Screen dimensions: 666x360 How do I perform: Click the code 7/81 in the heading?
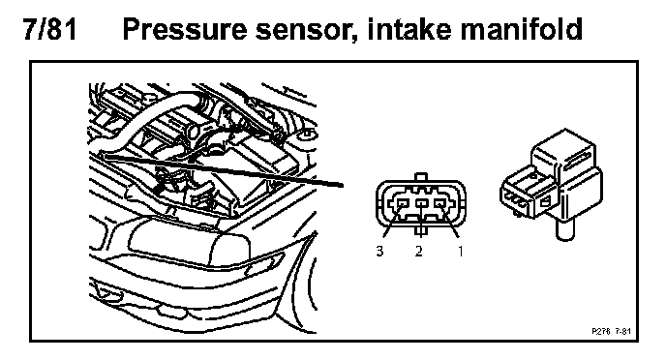click(49, 29)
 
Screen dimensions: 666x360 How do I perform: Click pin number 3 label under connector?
click(379, 252)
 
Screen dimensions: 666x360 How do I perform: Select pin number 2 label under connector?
click(419, 252)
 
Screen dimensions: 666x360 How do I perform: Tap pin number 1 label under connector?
click(461, 252)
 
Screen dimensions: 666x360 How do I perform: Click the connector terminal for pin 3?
click(402, 204)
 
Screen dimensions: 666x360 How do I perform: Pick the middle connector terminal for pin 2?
click(420, 204)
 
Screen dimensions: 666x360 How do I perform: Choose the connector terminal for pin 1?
click(440, 204)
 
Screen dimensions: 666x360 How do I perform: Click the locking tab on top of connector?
click(420, 177)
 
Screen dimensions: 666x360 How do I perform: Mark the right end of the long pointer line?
click(343, 186)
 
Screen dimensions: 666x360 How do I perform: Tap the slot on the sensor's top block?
click(576, 160)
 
